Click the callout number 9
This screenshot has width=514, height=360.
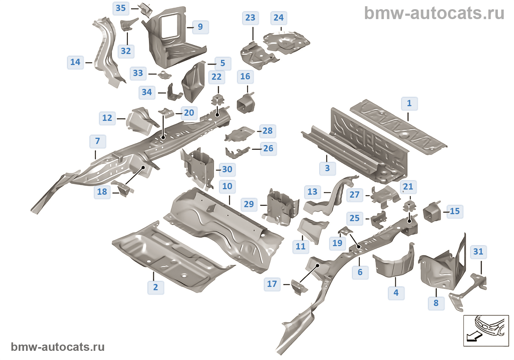tap(200, 27)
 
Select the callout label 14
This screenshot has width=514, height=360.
tap(75, 62)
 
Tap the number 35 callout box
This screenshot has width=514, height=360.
tap(121, 8)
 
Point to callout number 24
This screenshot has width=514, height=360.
tap(279, 18)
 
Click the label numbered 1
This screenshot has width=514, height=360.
tap(409, 103)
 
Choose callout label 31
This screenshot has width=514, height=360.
tap(478, 252)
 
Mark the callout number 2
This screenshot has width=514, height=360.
tap(156, 287)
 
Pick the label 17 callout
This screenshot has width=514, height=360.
tap(272, 284)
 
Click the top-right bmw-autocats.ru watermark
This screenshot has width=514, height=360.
tap(434, 13)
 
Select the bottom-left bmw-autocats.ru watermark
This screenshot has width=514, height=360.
tap(58, 347)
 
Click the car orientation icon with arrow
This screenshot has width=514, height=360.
tap(486, 330)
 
